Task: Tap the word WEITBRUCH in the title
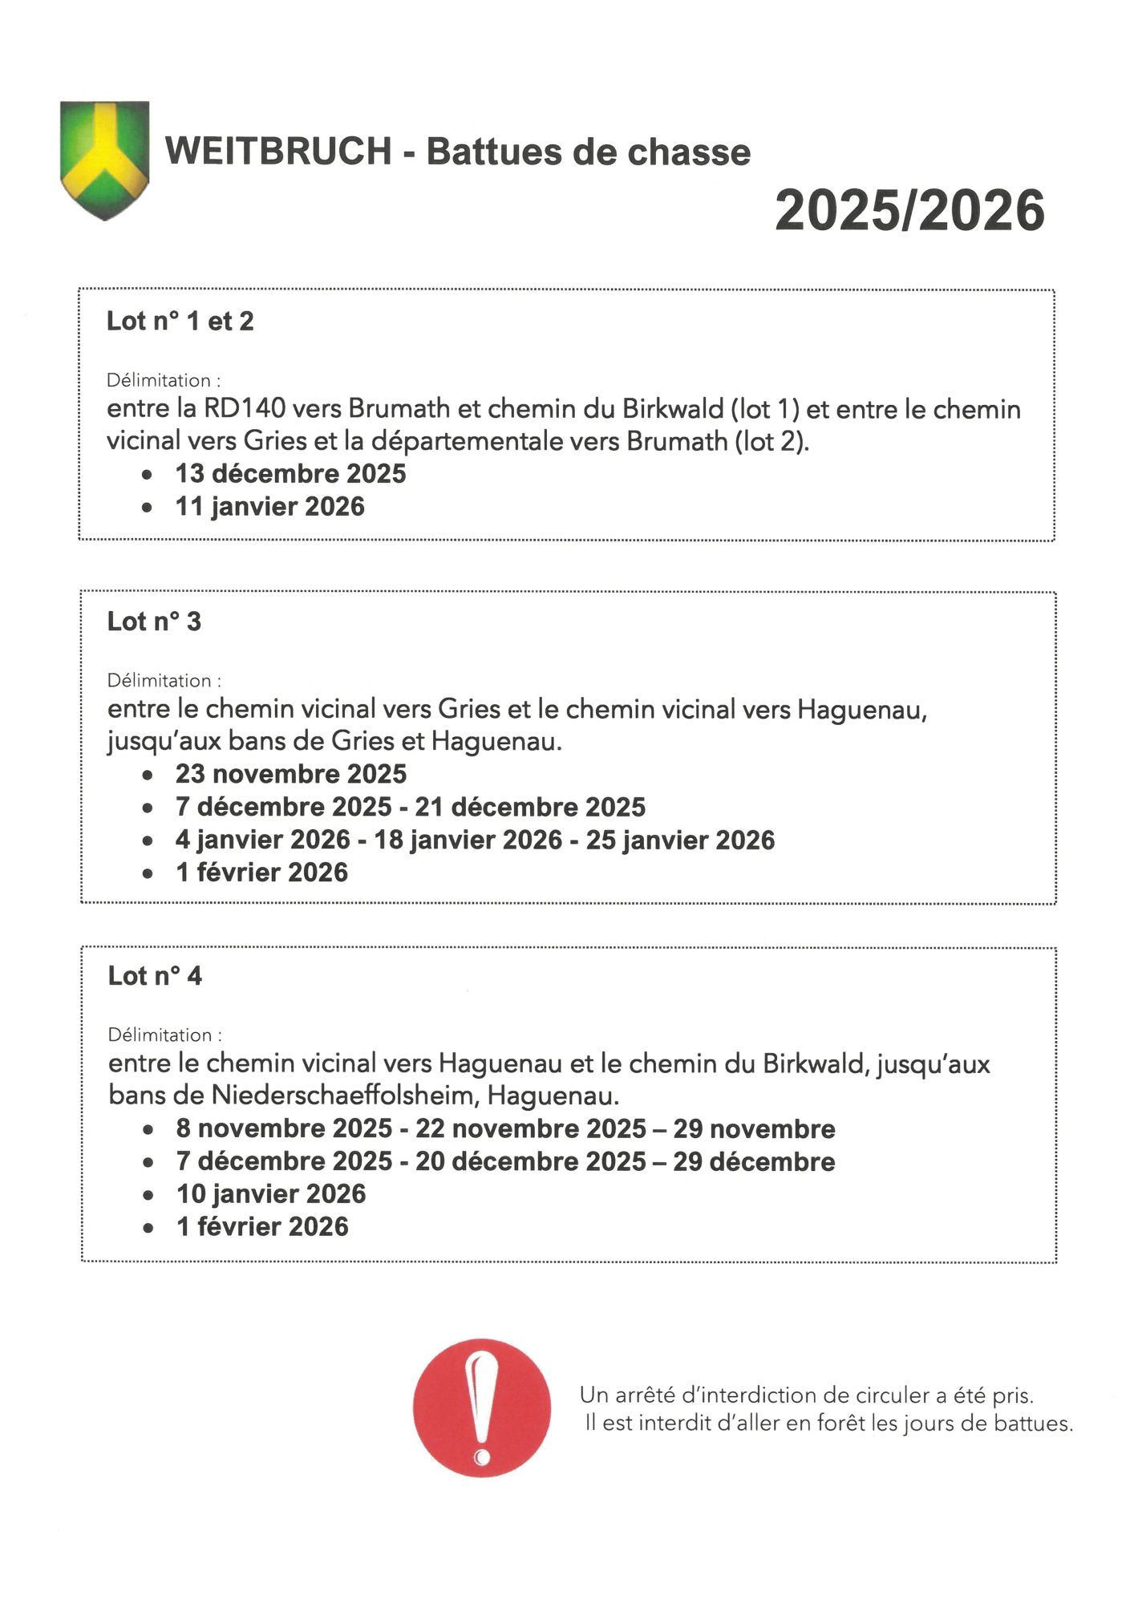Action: (278, 152)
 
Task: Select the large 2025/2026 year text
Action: (909, 211)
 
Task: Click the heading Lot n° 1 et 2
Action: (180, 322)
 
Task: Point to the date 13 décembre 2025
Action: (290, 474)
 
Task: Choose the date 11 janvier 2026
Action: (269, 507)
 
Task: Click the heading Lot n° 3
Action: (154, 622)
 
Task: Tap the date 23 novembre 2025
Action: (291, 774)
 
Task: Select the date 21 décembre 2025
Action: (530, 807)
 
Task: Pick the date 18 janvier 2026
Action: (468, 840)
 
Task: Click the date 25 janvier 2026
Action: (680, 840)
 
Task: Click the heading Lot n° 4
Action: (155, 976)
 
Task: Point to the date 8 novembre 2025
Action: (284, 1128)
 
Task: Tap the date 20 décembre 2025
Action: (530, 1161)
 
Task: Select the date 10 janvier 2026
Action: (271, 1194)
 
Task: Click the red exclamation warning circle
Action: (482, 1408)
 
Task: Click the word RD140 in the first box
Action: (245, 409)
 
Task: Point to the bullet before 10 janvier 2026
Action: (148, 1196)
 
